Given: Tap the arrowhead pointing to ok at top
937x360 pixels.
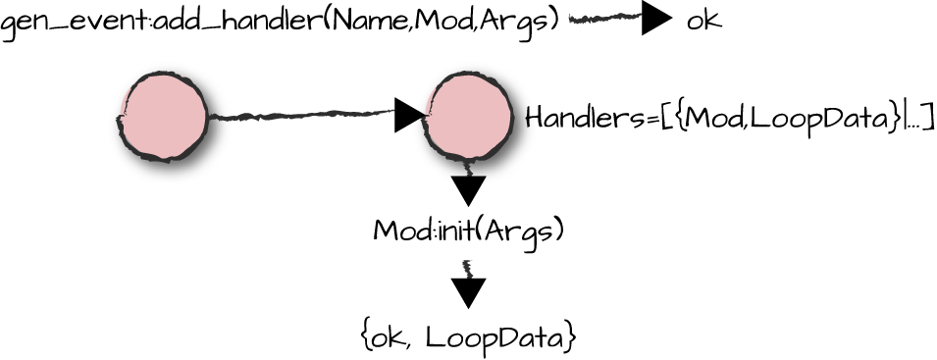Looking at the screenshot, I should tap(656, 20).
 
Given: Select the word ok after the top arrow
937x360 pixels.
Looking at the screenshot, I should tap(703, 21).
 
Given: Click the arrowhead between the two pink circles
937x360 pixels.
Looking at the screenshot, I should tap(408, 114).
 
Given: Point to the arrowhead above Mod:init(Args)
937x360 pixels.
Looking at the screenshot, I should tap(469, 189).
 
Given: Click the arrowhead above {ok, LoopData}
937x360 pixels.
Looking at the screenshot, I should tap(469, 291).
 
